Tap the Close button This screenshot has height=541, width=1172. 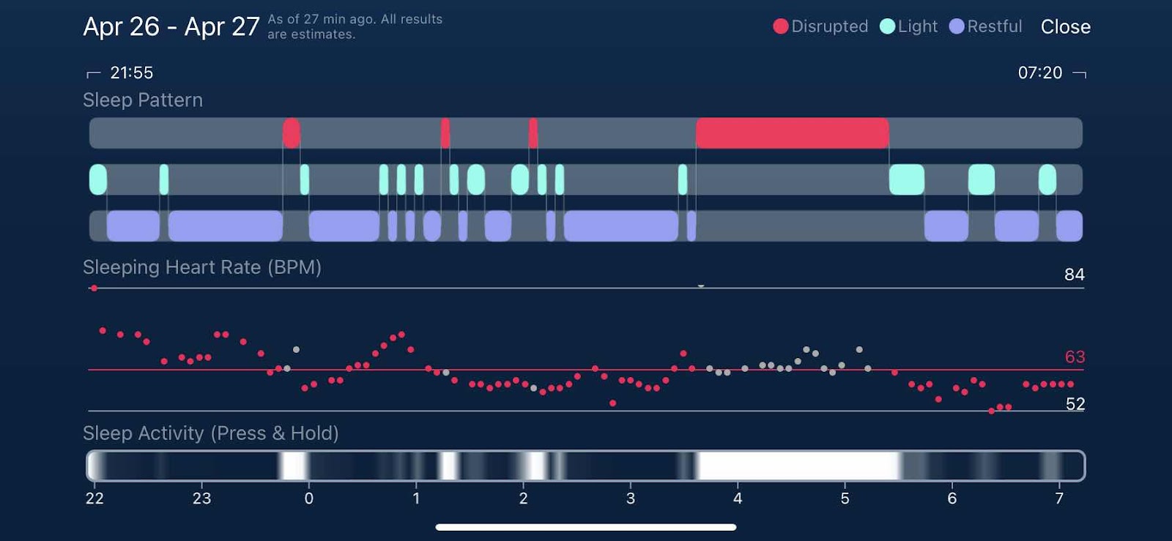click(x=1065, y=27)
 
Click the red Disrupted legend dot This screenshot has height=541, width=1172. click(x=781, y=26)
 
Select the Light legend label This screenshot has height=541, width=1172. click(x=917, y=26)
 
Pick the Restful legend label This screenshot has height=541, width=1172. click(x=994, y=26)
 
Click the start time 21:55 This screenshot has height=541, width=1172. click(x=131, y=72)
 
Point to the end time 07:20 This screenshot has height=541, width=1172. click(x=1039, y=72)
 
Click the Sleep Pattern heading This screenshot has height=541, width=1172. click(x=143, y=100)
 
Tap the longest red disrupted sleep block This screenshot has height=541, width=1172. click(x=792, y=133)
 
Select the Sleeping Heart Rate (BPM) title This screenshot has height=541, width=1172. click(x=202, y=267)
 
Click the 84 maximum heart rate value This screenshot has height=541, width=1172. click(x=1074, y=275)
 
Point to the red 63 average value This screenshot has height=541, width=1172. click(x=1075, y=357)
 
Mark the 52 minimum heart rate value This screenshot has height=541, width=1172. click(x=1075, y=404)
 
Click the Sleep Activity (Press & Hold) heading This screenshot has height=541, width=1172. click(x=211, y=433)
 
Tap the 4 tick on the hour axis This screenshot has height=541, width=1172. click(x=738, y=499)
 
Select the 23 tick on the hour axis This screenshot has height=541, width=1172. click(x=201, y=499)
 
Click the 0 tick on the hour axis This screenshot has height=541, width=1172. click(x=309, y=499)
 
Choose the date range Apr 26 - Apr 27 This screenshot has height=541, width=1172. click(x=171, y=27)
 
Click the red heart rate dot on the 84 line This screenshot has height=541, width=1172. click(x=94, y=288)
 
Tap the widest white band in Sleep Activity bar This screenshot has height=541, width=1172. click(x=798, y=466)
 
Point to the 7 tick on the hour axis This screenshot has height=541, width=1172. click(x=1059, y=499)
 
